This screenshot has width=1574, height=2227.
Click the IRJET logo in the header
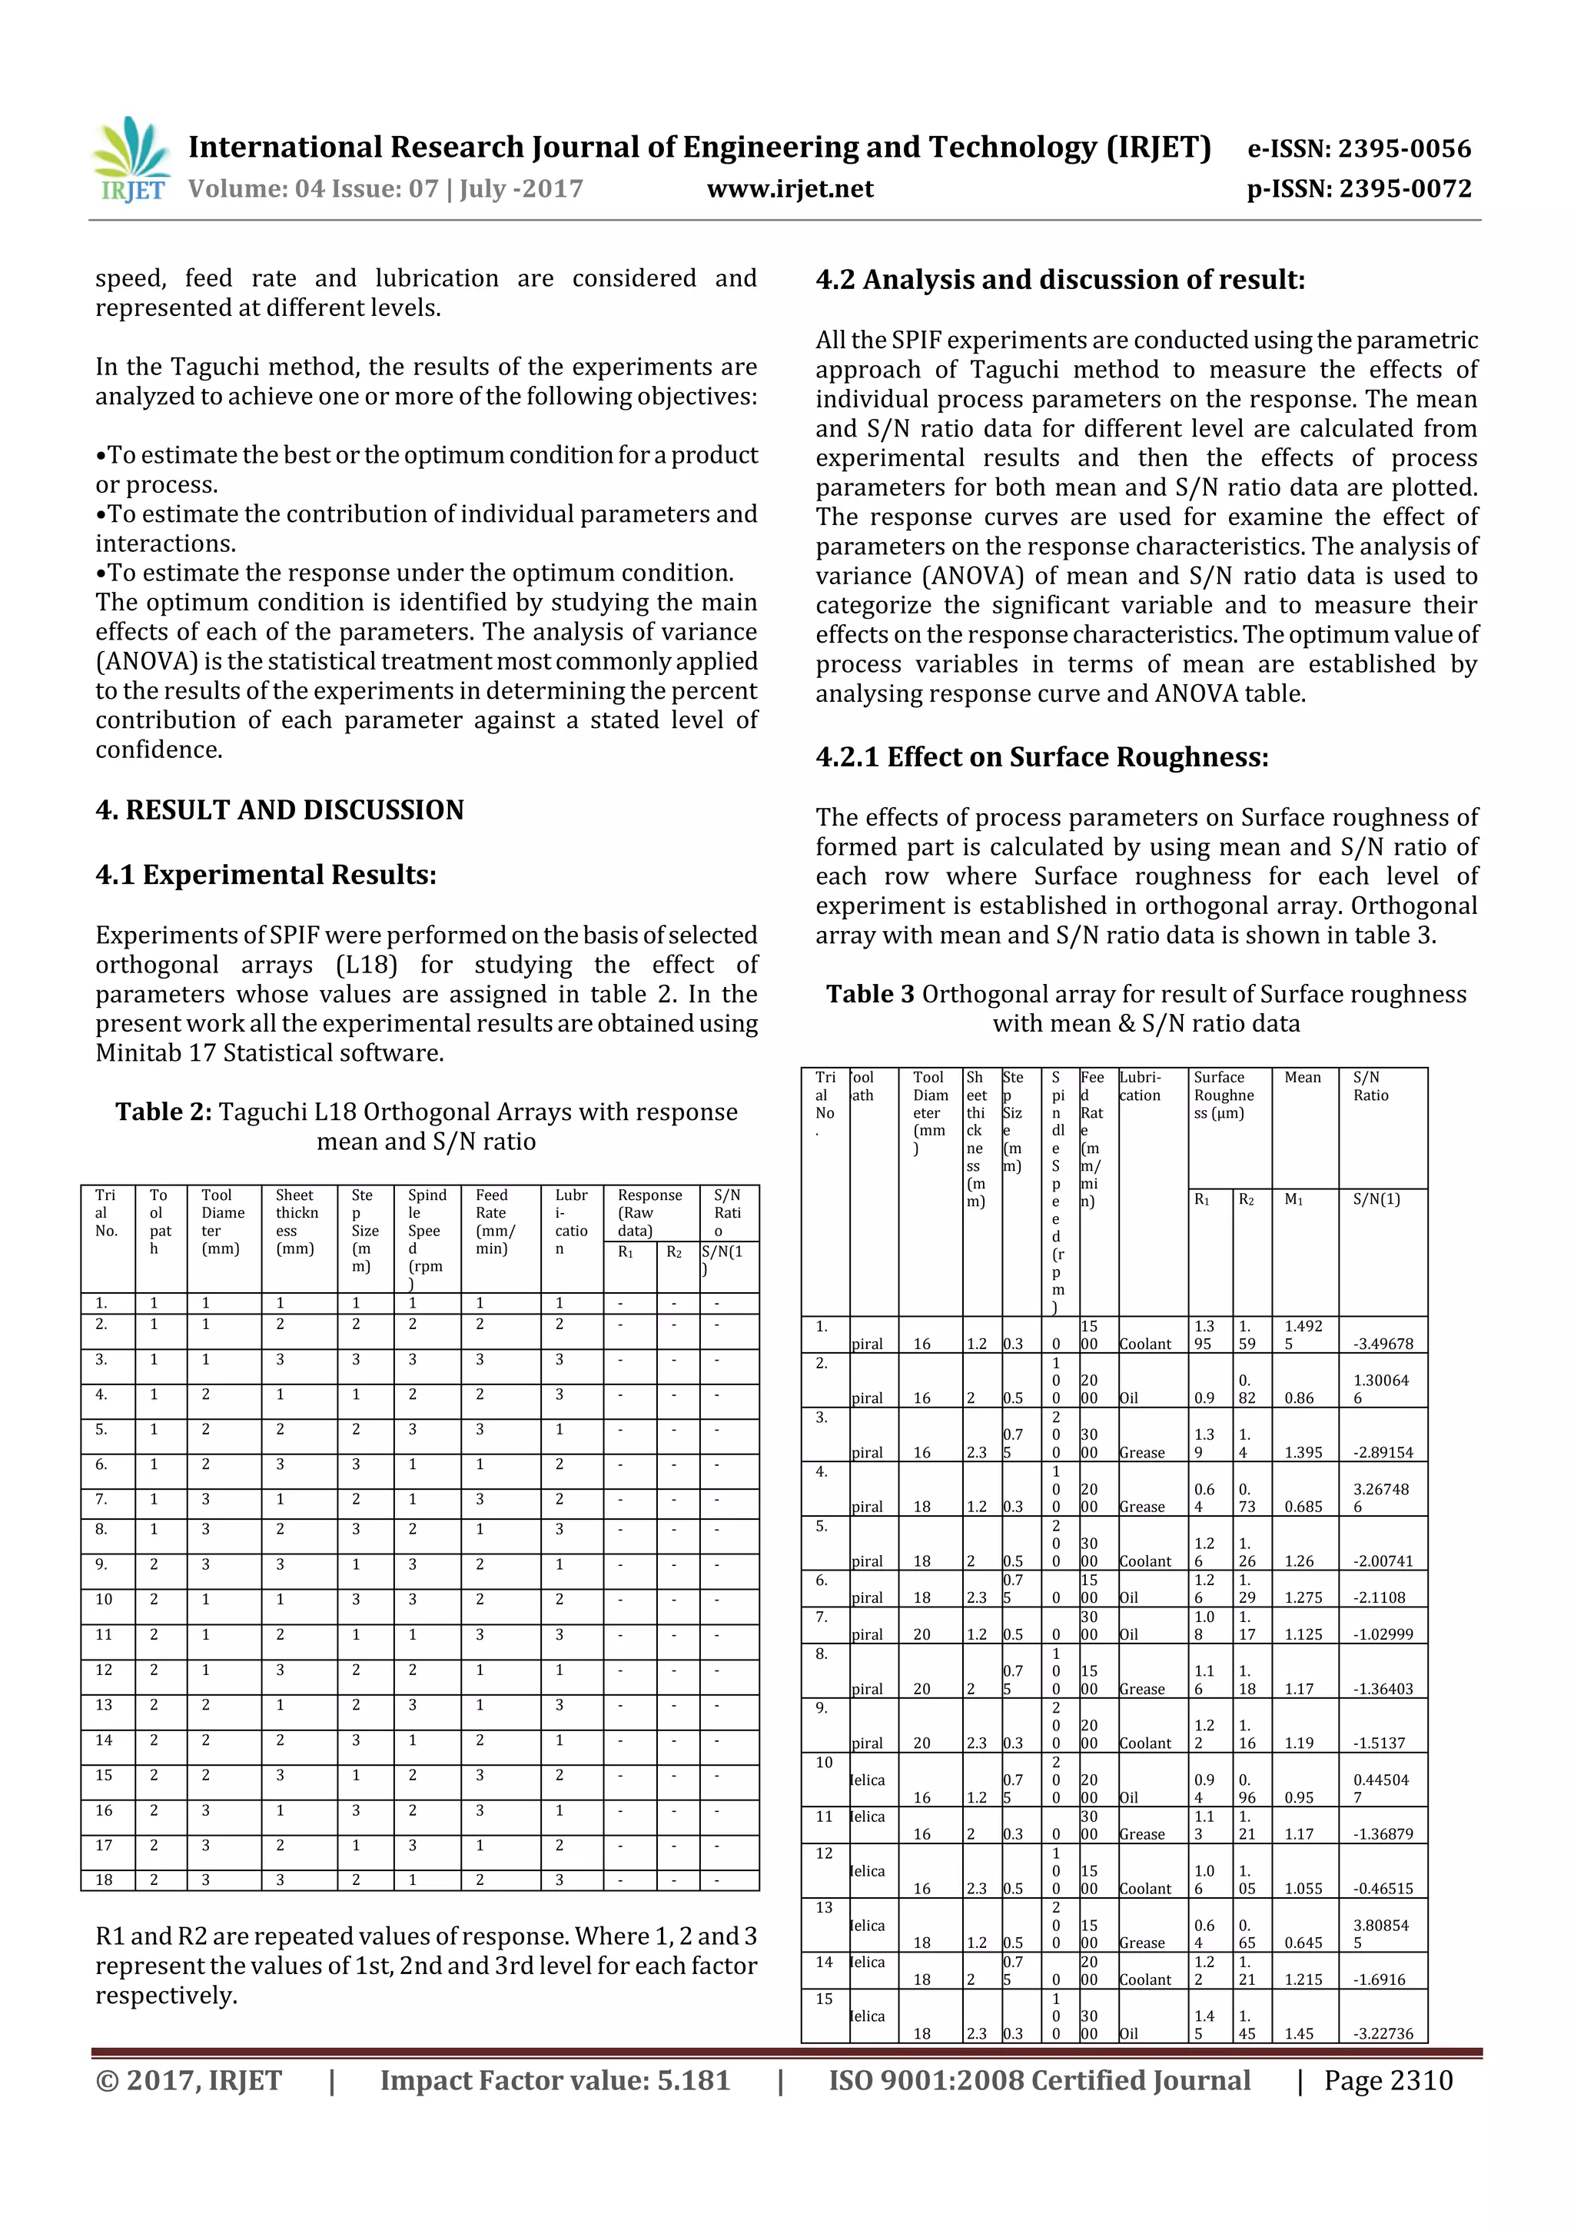130,159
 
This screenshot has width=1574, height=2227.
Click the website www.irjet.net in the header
789,189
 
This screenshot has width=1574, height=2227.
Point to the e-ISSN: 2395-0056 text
1359,148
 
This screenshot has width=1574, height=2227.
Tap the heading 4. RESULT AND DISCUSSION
279,810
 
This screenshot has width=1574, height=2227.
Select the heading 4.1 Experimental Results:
266,875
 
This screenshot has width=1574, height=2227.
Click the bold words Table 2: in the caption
163,1112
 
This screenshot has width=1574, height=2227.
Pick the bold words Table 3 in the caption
870,994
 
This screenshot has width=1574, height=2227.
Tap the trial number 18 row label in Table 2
104,1880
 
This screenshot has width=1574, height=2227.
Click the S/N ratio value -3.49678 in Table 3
1383,1345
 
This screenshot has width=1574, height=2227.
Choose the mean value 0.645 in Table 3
1303,1943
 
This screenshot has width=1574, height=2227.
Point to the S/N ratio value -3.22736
1383,2034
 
